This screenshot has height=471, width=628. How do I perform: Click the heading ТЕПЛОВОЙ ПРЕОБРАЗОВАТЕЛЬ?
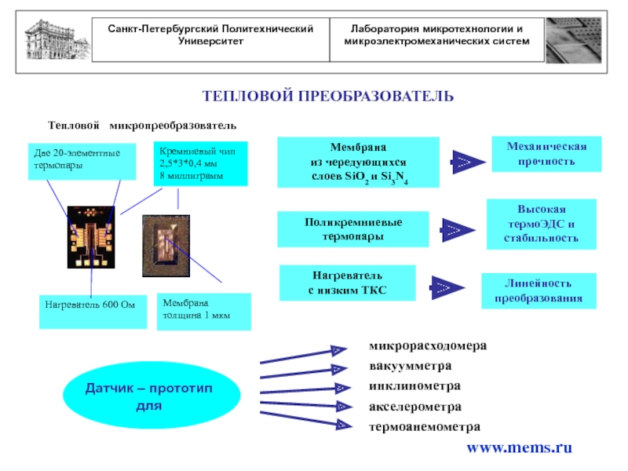(x=328, y=96)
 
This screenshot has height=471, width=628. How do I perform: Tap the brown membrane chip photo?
(x=166, y=246)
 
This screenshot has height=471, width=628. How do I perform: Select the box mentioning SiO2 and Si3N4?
(x=359, y=162)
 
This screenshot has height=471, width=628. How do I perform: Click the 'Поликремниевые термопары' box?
(x=353, y=229)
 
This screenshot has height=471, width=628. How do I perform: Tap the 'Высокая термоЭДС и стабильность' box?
(x=541, y=224)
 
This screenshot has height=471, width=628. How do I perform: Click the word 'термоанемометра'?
(x=424, y=427)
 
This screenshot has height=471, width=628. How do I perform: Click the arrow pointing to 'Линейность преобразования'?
(x=445, y=287)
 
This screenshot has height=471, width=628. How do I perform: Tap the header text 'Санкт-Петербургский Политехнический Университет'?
(x=211, y=35)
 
